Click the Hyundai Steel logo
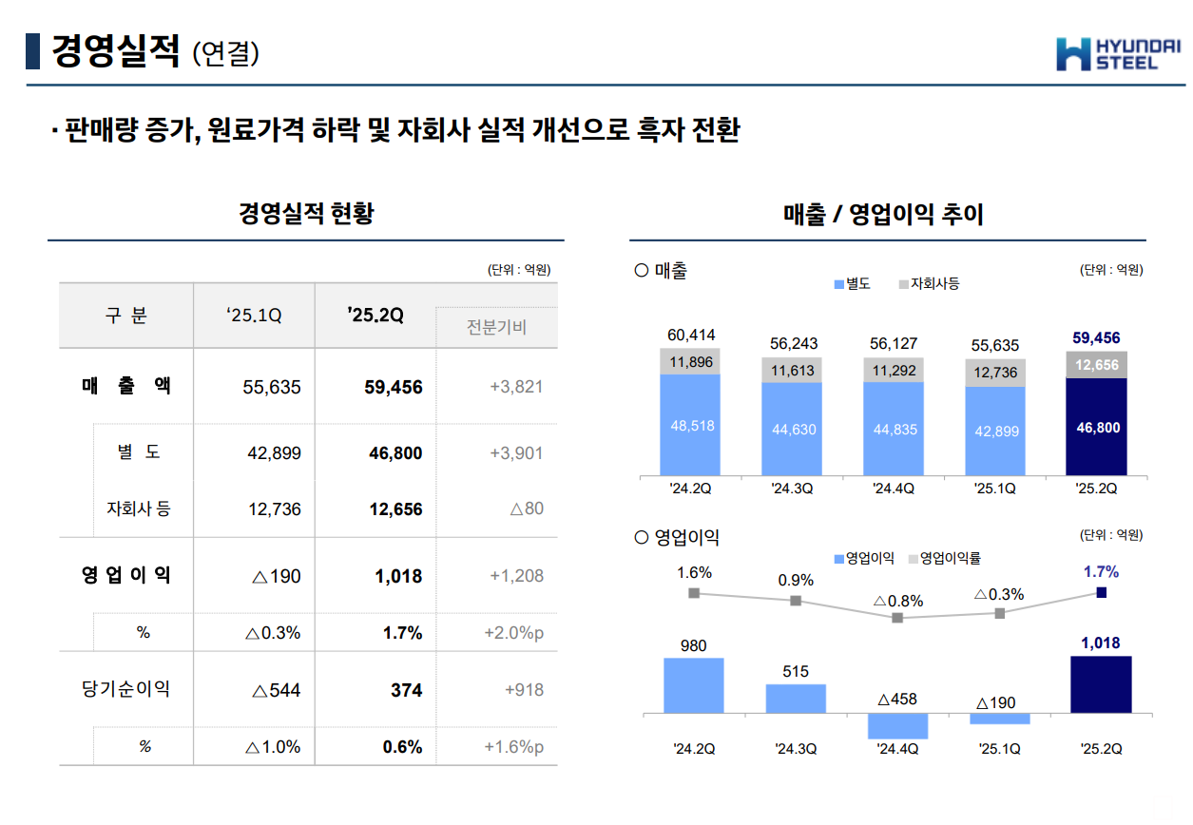[1118, 53]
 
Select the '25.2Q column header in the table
[375, 316]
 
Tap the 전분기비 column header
[496, 328]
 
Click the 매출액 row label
[126, 386]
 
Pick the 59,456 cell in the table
[394, 387]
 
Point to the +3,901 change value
[516, 453]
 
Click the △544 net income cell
[277, 690]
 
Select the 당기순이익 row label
[126, 689]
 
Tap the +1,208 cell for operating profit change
[516, 576]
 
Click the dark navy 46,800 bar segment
[1098, 427]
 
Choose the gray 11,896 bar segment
[691, 361]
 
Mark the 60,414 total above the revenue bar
[691, 336]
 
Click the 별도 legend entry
[853, 283]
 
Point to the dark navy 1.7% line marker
[1101, 592]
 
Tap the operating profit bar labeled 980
[694, 684]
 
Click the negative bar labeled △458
[897, 725]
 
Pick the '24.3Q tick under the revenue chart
[795, 489]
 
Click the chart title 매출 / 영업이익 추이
[883, 215]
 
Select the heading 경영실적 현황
[306, 214]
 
